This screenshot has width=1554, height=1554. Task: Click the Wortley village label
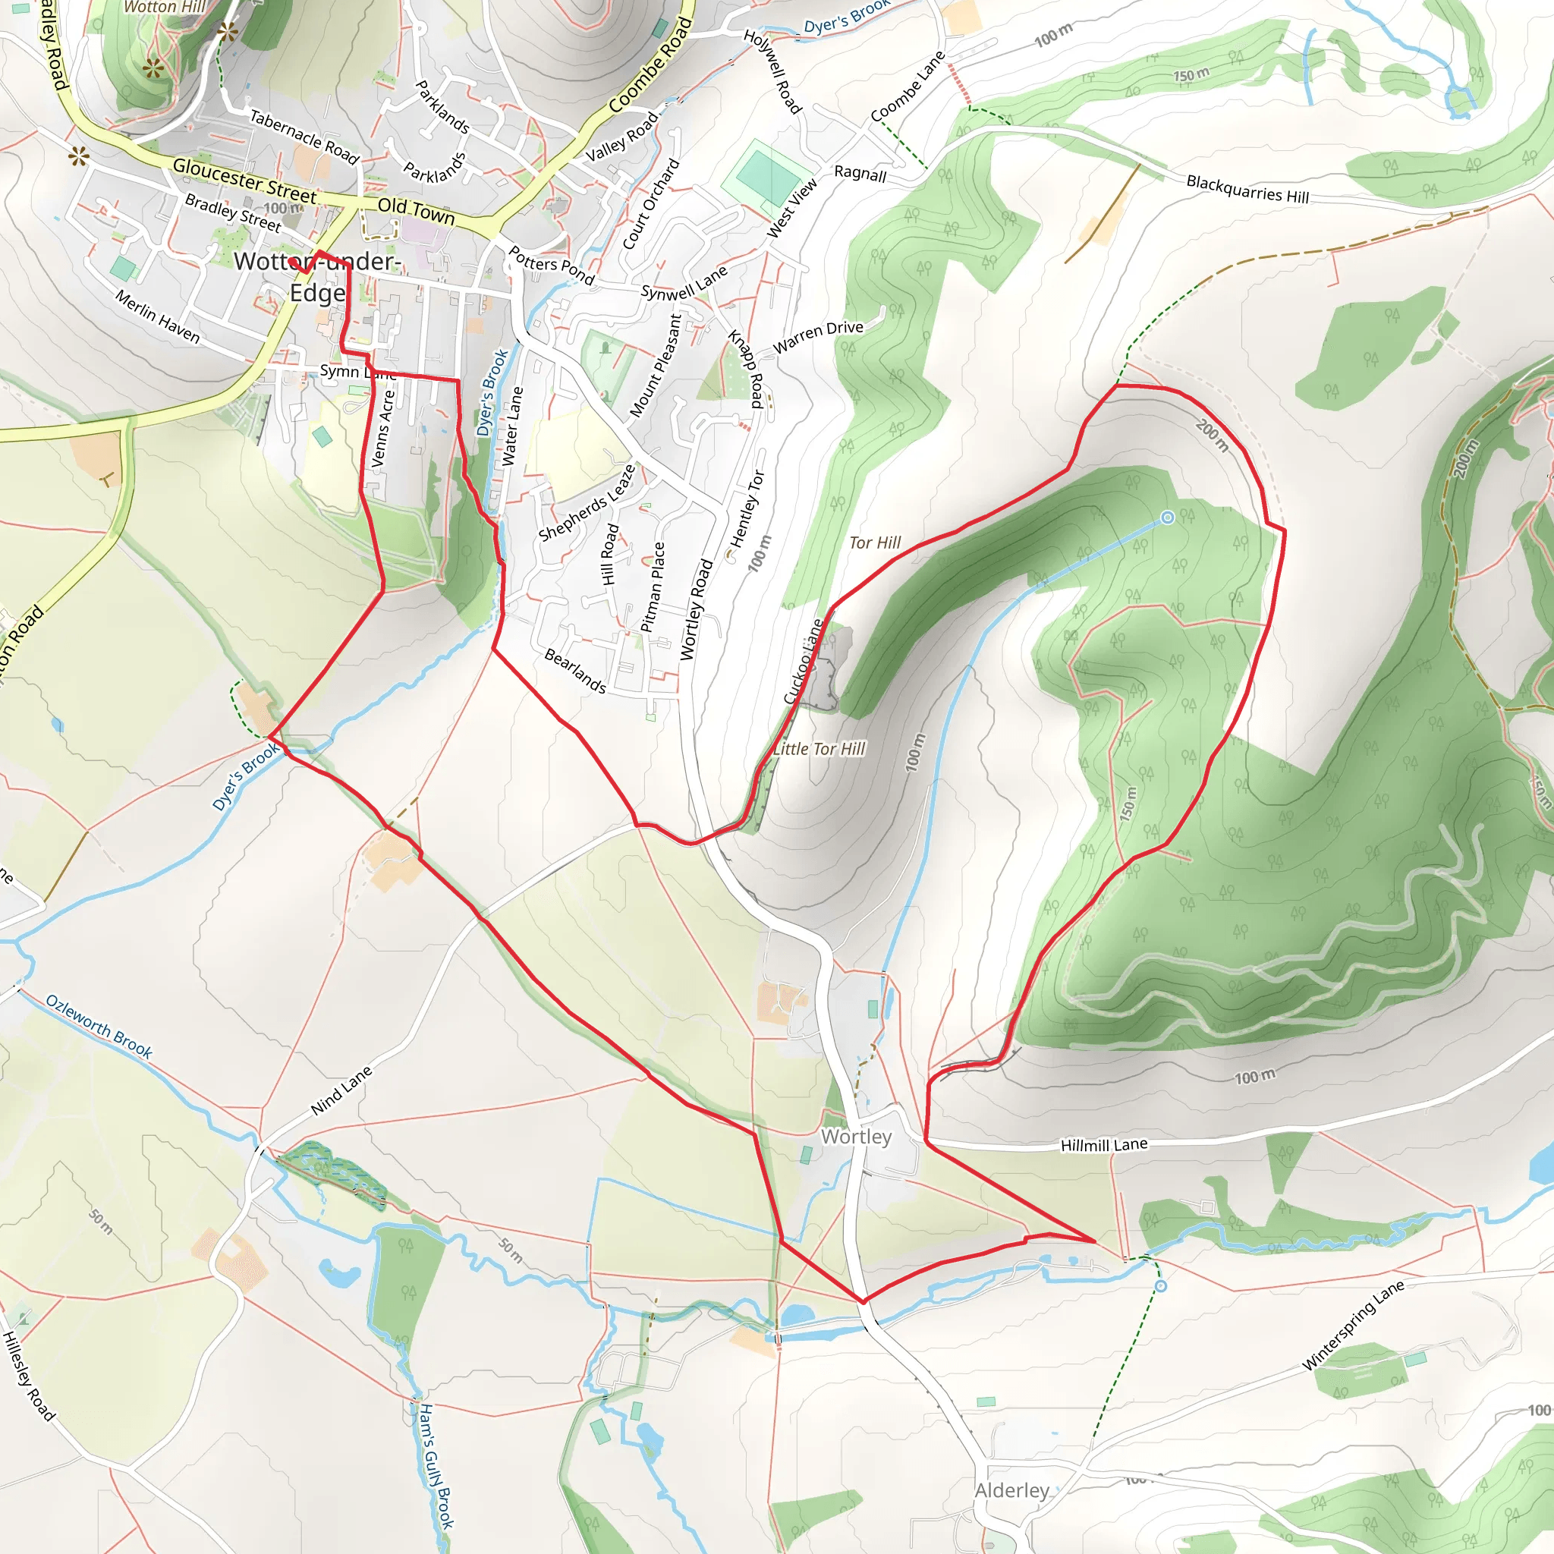click(x=856, y=1137)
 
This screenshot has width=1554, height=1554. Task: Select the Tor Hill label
click(x=874, y=543)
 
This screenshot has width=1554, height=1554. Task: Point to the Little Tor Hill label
click(x=819, y=749)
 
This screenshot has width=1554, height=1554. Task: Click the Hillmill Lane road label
click(x=1103, y=1144)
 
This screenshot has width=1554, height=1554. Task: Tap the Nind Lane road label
click(x=342, y=1090)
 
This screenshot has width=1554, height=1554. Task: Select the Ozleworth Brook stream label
click(x=99, y=1027)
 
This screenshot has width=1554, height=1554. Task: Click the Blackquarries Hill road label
click(x=1247, y=189)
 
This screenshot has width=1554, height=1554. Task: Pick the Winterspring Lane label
click(x=1353, y=1325)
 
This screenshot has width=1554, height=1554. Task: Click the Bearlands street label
click(x=575, y=671)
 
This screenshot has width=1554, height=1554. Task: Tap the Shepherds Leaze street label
click(x=587, y=503)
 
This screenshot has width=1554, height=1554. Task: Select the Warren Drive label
click(x=818, y=337)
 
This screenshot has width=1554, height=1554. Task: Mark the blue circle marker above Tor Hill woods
click(x=1167, y=518)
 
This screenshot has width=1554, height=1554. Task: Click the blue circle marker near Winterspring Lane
click(x=1161, y=1286)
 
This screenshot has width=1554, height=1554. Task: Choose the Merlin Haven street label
click(x=158, y=316)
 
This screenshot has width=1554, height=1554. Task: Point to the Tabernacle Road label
click(x=304, y=136)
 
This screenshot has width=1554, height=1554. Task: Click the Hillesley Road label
click(x=28, y=1376)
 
